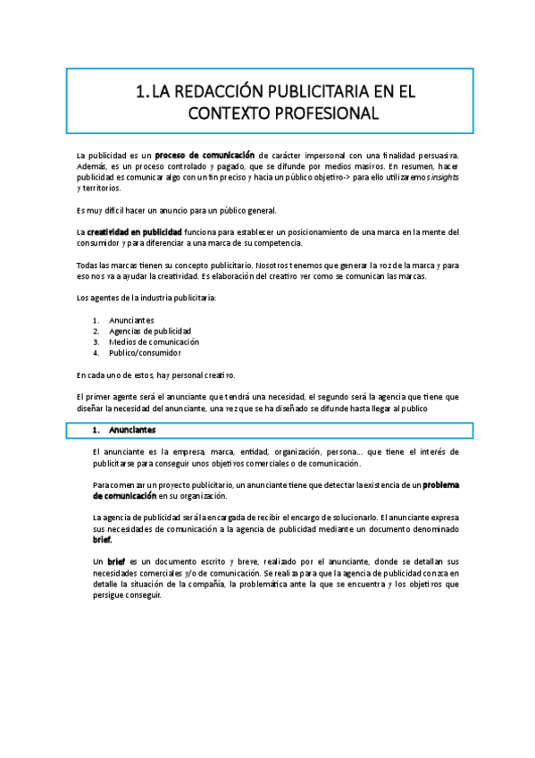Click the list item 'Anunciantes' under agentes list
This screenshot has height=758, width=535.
pos(131,320)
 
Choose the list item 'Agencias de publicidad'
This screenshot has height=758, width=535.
pos(150,331)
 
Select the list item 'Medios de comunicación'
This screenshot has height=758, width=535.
pos(154,341)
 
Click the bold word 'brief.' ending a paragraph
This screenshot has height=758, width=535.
pos(103,540)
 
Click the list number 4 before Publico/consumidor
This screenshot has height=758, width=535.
pos(96,352)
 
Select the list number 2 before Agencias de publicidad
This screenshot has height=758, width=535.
pos(96,331)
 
